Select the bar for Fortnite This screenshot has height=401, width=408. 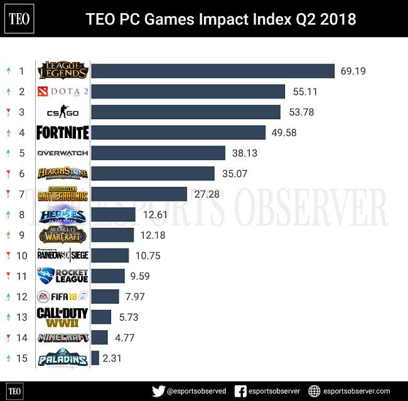178,132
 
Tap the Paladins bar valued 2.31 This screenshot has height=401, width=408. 95,358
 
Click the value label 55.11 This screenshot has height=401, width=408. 306,92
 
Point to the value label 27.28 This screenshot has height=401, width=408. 207,194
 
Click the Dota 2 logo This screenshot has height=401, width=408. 62,92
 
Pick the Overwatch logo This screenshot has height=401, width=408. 62,152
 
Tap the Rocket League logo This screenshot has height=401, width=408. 62,275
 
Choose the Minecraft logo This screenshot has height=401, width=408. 62,338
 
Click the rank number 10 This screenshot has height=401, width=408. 21,255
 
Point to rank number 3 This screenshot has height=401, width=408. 21,112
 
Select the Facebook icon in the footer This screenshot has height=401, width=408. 240,390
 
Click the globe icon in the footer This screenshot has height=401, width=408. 315,390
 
